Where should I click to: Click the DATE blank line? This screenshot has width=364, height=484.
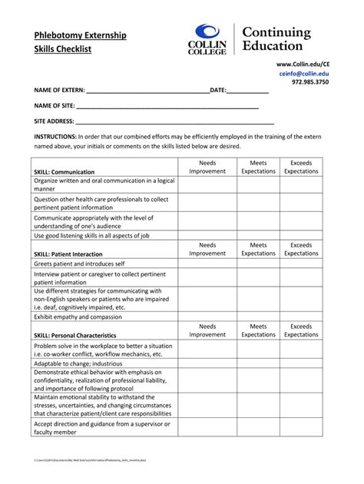pyautogui.click(x=247, y=91)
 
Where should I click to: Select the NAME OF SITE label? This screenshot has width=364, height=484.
pyautogui.click(x=54, y=106)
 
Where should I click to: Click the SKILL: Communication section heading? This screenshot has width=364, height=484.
pyautogui.click(x=65, y=172)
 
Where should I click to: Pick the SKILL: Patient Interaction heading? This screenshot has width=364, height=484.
pyautogui.click(x=68, y=254)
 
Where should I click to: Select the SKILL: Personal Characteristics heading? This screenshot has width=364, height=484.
pyautogui.click(x=75, y=336)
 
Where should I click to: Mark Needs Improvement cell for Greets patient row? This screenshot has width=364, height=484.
pyautogui.click(x=207, y=263)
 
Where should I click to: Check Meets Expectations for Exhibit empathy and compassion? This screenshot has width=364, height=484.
pyautogui.click(x=258, y=317)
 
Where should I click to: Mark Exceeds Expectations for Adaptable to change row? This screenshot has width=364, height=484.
pyautogui.click(x=301, y=362)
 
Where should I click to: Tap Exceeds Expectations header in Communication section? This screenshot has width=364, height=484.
pyautogui.click(x=301, y=167)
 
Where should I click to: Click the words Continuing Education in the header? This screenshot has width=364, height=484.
pyautogui.click(x=276, y=38)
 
